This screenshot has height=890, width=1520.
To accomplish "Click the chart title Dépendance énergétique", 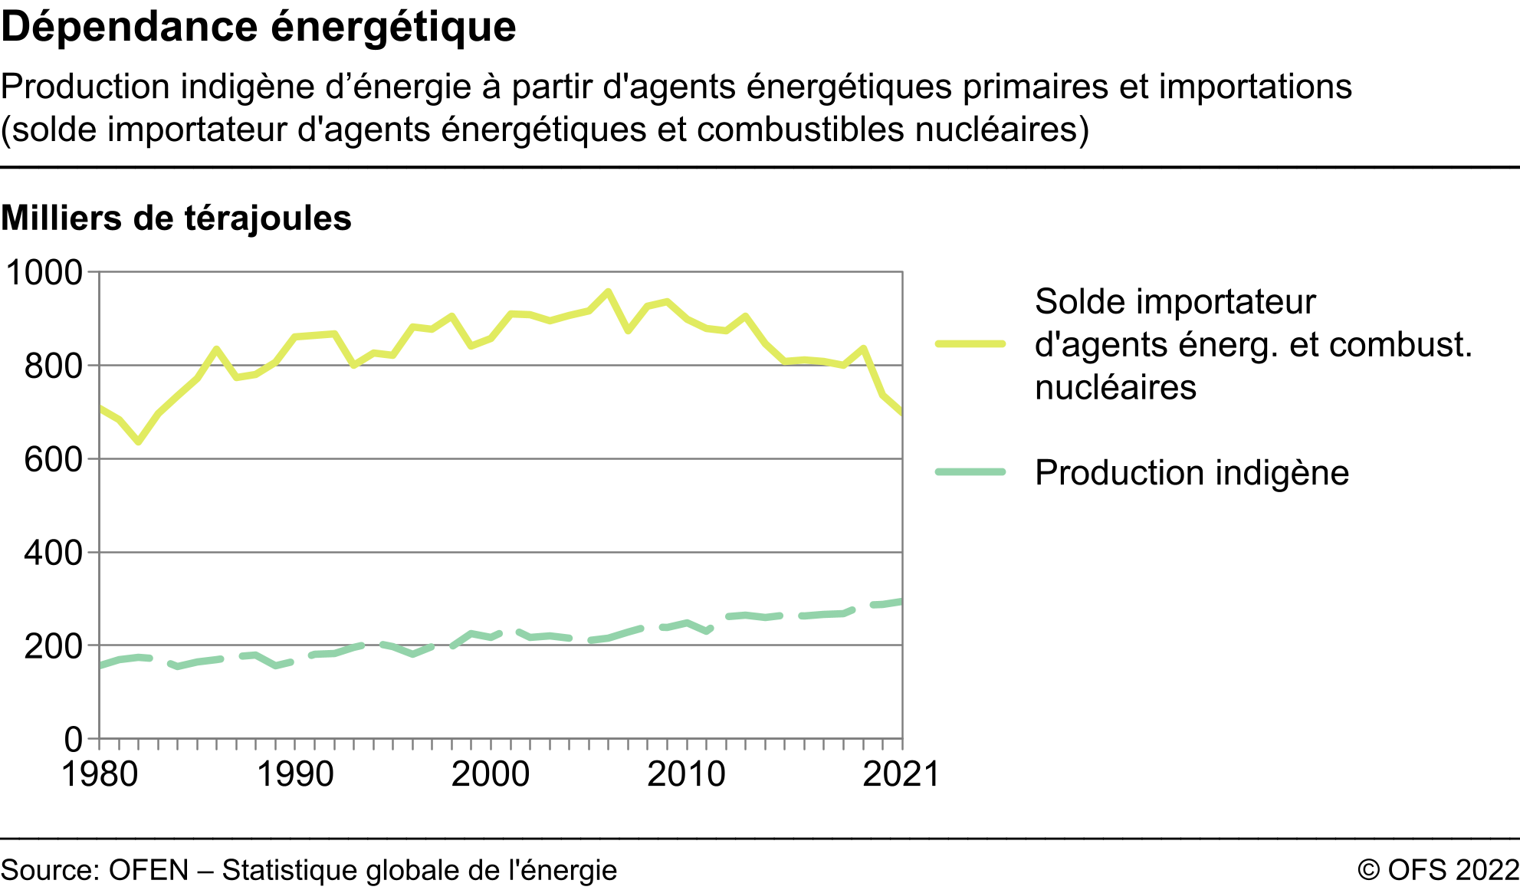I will point(258,28).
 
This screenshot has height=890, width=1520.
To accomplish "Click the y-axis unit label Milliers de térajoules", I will point(176,218).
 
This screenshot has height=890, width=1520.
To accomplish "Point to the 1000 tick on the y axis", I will point(44,273).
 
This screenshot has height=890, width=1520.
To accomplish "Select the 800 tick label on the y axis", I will point(53,366).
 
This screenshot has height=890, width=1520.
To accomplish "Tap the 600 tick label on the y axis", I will point(53,460).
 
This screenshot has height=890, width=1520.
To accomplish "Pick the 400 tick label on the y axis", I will point(53,553).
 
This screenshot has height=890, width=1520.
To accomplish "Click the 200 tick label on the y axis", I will point(53,646).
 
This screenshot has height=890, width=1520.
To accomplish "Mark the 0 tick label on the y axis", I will point(74,740).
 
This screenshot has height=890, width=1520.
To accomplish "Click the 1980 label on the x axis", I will point(100,774).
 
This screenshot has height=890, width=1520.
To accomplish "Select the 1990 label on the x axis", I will point(295,774).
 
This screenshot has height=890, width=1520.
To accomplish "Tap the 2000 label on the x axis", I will point(491,774).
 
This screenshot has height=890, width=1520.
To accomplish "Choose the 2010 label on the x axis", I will point(686,774).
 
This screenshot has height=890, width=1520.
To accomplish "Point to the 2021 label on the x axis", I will point(901,774).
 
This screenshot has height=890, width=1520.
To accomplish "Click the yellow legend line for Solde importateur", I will point(970,344).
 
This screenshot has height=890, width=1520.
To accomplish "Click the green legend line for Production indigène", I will point(970,472).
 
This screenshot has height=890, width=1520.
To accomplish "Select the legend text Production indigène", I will point(1191,473).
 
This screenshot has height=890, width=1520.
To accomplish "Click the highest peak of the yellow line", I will point(608,291).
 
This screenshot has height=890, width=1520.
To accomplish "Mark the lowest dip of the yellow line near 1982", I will point(139,442).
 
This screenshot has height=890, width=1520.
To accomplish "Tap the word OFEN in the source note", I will point(149,870).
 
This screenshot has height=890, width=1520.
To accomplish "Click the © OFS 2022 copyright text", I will point(1438,870).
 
